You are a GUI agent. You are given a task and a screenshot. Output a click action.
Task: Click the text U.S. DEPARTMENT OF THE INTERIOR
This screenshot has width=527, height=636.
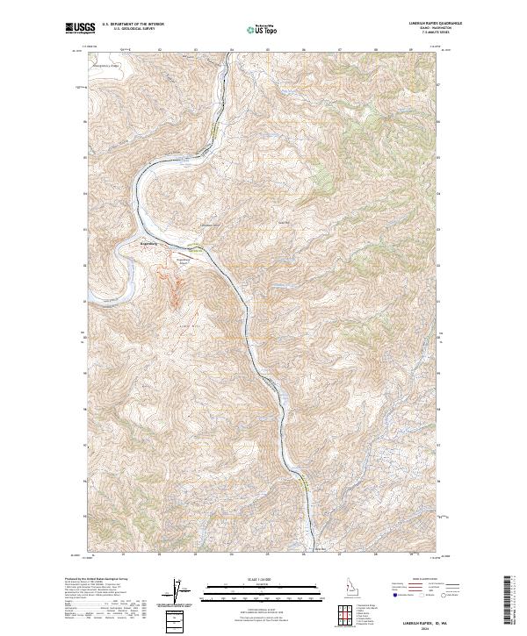click(x=133, y=25)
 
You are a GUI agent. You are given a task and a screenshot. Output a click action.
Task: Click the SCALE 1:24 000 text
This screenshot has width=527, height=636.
click(x=261, y=577)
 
